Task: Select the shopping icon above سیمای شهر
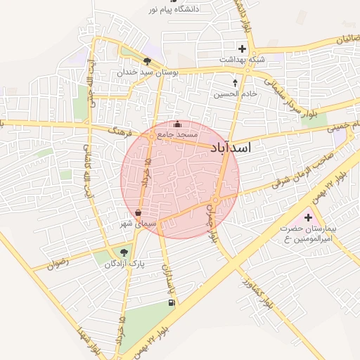tap(139, 212)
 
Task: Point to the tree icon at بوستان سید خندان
tap(147, 62)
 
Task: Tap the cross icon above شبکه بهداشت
tap(243, 49)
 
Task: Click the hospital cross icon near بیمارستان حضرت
tap(308, 218)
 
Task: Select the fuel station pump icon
tap(171, 303)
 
